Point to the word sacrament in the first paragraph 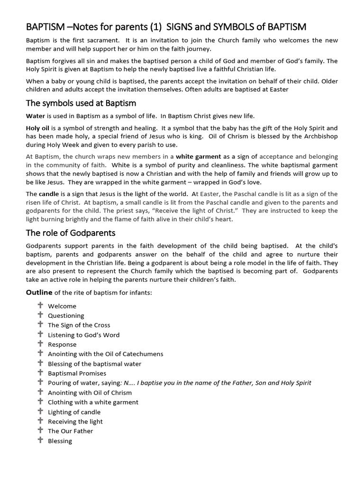[x=100, y=40]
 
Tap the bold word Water [x=35, y=116]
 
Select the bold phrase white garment [x=199, y=156]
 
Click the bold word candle [x=49, y=194]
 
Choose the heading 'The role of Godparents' [x=70, y=233]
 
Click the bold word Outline [x=39, y=292]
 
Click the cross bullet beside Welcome [x=40, y=305]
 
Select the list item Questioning [x=66, y=315]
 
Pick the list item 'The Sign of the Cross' [x=79, y=325]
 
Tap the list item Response [x=62, y=344]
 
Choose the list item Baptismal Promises [x=77, y=373]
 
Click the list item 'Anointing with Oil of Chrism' [x=90, y=393]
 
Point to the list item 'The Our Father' [x=70, y=431]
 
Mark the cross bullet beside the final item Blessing [x=40, y=440]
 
